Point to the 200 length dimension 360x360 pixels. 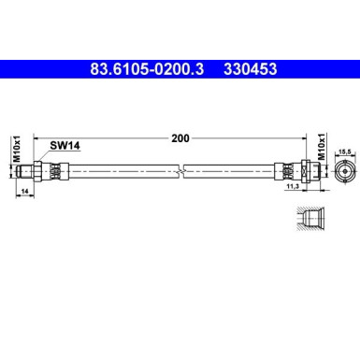(180, 137)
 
